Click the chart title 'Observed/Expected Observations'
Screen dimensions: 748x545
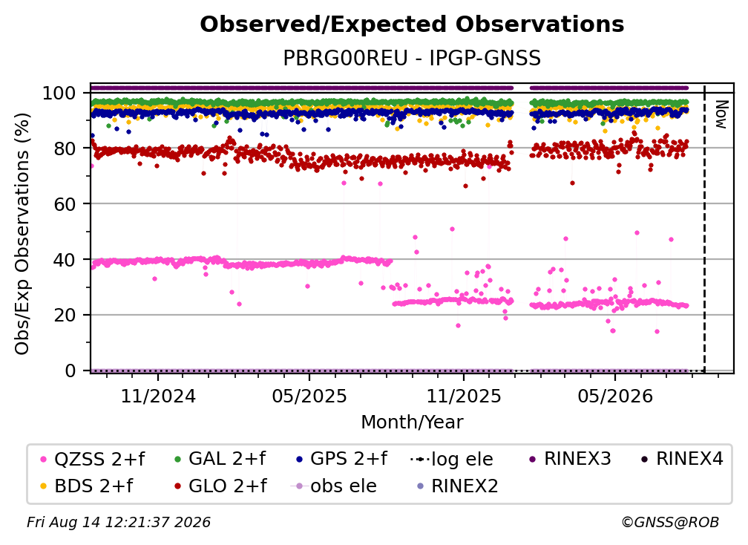[412, 25]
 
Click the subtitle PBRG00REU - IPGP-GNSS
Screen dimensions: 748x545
[412, 58]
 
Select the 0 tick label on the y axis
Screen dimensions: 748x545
[70, 371]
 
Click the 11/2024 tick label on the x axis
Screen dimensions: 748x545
[158, 396]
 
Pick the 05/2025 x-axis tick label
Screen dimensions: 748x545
[309, 396]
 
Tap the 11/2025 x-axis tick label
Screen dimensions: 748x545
[464, 396]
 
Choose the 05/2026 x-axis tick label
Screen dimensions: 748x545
[615, 396]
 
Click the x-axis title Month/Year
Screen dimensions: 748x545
[412, 422]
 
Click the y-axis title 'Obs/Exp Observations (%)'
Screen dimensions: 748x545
[22, 233]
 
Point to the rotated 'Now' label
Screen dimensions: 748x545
[721, 114]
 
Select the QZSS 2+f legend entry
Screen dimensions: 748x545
[93, 459]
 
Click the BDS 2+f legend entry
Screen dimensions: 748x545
[87, 486]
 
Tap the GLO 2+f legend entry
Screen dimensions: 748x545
[221, 486]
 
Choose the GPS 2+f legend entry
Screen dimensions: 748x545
[341, 459]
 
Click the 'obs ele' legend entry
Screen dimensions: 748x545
[333, 486]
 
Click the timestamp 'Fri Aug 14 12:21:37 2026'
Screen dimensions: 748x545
[119, 523]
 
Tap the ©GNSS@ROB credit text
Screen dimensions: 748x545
[670, 523]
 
